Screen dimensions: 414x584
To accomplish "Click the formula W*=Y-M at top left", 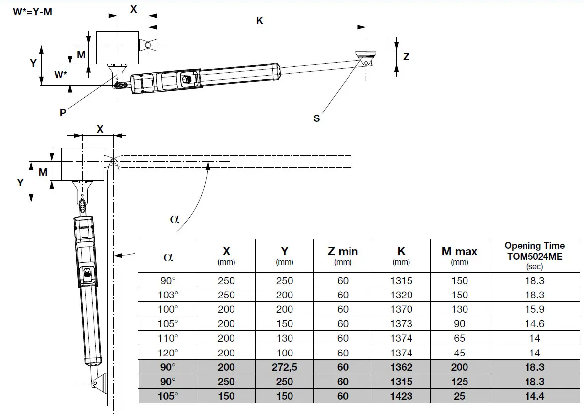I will pyautogui.click(x=32, y=11).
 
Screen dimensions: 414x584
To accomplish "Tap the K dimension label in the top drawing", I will pyautogui.click(x=259, y=21).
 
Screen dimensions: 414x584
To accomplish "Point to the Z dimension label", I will pyautogui.click(x=406, y=57).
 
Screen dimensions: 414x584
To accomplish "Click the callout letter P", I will pyautogui.click(x=63, y=112).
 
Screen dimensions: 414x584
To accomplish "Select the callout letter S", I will pyautogui.click(x=316, y=118).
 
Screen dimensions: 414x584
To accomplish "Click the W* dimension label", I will pyautogui.click(x=60, y=75).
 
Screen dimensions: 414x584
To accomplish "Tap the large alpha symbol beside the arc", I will pyautogui.click(x=175, y=219).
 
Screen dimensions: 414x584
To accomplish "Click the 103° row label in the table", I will pyautogui.click(x=168, y=295).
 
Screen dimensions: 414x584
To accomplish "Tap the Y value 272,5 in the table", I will pyautogui.click(x=284, y=367).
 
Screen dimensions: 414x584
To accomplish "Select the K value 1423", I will pyautogui.click(x=401, y=396).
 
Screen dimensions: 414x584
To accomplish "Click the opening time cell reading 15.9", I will pyautogui.click(x=534, y=309).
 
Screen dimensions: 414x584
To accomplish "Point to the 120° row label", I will pyautogui.click(x=168, y=353).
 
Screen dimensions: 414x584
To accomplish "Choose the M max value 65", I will pyautogui.click(x=459, y=339).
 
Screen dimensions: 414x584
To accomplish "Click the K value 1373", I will pyautogui.click(x=401, y=324).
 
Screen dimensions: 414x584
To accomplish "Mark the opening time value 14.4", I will pyautogui.click(x=534, y=396).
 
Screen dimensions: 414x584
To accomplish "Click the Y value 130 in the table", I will pyautogui.click(x=284, y=339).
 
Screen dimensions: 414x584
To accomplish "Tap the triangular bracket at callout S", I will pyautogui.click(x=366, y=57).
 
